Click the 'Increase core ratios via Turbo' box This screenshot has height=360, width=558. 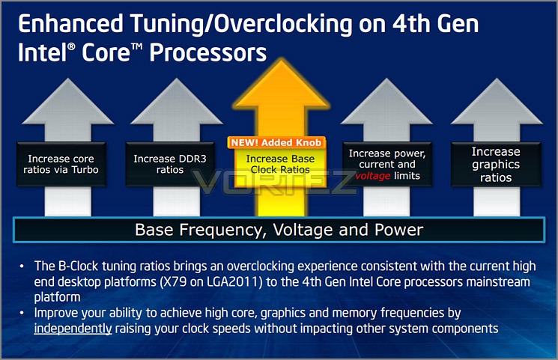coord(61,164)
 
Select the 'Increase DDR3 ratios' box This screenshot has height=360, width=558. coord(170,164)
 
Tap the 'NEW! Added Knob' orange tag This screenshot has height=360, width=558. coord(276,143)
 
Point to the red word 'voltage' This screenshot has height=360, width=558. coord(372,176)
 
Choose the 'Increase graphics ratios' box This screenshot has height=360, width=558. coord(496,164)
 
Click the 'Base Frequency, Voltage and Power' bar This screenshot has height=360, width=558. coord(279,230)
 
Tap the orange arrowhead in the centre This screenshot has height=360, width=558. coord(281,85)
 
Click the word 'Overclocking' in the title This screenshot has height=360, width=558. coord(283,24)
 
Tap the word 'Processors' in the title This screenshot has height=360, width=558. coord(207,52)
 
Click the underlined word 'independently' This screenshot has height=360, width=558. coord(73,329)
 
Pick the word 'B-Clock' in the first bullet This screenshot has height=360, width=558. coord(78,266)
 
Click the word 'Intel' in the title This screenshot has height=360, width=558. coord(43,52)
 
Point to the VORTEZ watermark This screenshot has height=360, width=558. coord(274,182)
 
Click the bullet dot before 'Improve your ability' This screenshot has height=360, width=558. coord(22,313)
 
